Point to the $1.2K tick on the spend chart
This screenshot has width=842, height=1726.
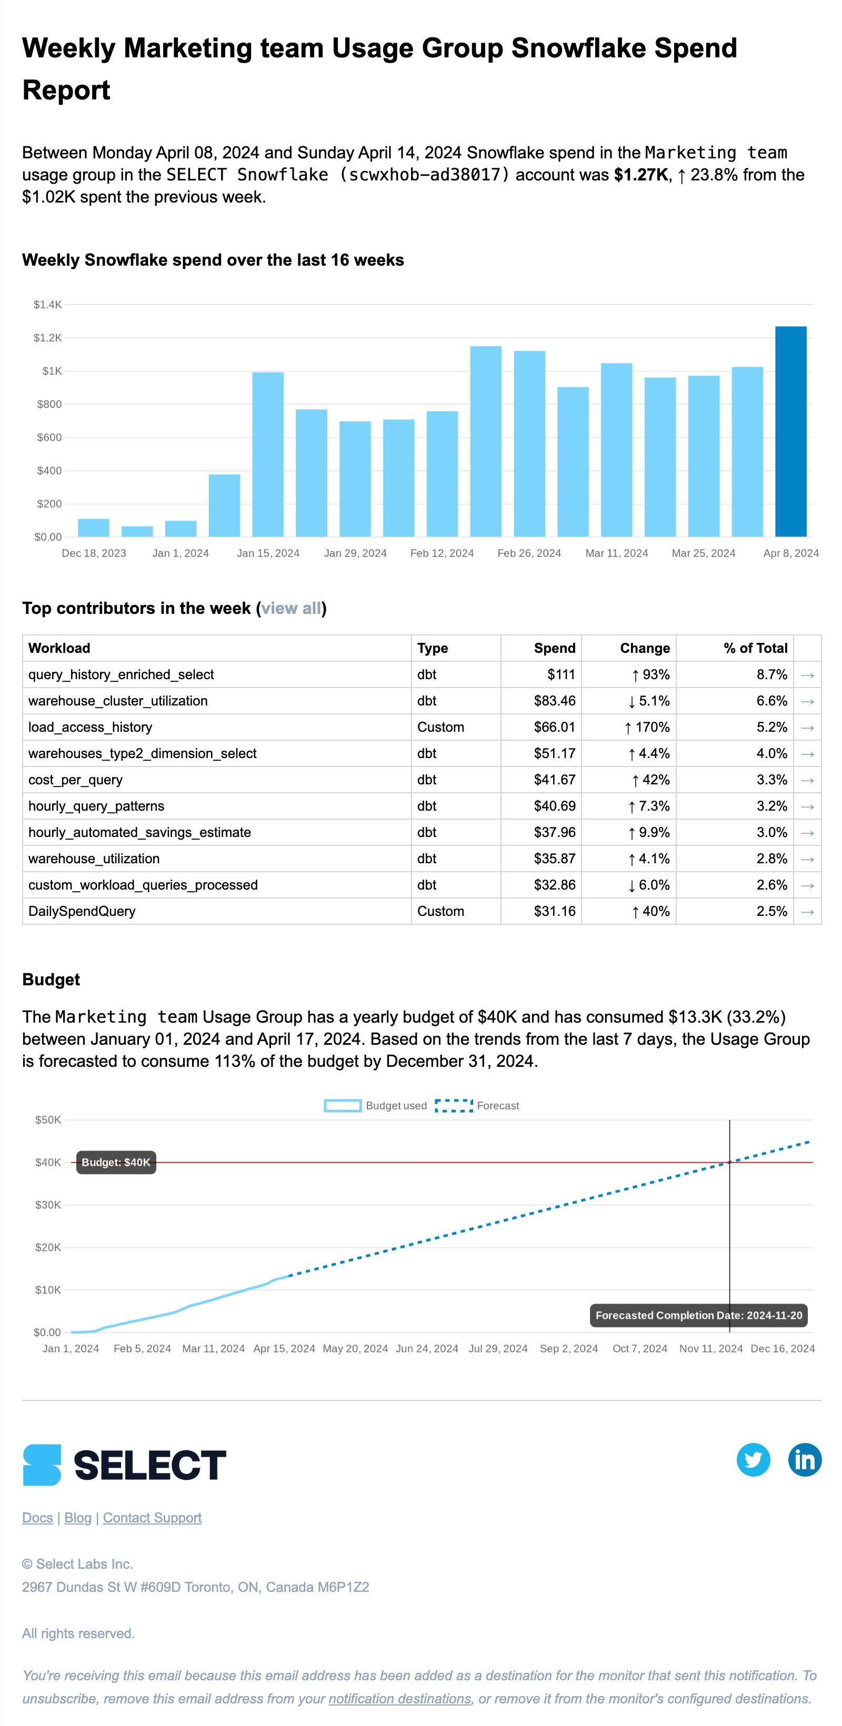(x=47, y=338)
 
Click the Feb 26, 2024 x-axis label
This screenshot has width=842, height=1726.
(x=529, y=553)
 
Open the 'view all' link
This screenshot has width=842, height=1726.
(x=291, y=609)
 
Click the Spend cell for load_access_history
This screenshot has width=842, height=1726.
(x=555, y=727)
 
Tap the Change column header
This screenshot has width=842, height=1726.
(x=644, y=648)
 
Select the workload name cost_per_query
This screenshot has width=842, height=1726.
(x=75, y=780)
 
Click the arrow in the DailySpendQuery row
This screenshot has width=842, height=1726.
(x=807, y=911)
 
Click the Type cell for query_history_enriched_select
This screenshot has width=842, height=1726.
(x=427, y=675)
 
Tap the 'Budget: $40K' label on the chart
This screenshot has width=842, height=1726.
(x=116, y=1163)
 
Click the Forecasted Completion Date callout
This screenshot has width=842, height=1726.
(x=698, y=1315)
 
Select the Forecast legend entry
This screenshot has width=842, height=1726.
(x=477, y=1106)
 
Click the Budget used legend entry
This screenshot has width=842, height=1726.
(x=375, y=1106)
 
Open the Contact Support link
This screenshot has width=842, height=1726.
(x=152, y=1518)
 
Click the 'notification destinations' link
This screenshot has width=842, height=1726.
(x=399, y=1699)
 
